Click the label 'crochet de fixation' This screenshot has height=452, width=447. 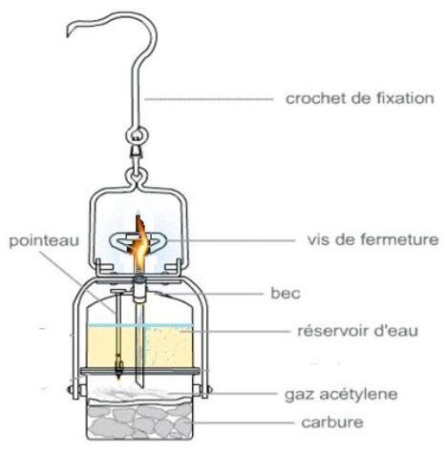360,98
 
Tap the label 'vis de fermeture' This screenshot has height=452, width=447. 372,239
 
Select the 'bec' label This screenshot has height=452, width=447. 286,293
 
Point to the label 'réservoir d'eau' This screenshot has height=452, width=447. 357,331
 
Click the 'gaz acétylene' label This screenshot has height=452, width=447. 341,394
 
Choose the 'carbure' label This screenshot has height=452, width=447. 332,422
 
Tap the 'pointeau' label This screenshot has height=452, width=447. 44,240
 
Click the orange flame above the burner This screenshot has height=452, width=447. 139,242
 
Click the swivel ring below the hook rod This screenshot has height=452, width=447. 136,136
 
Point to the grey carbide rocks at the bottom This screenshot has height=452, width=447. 139,419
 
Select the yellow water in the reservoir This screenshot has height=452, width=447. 139,347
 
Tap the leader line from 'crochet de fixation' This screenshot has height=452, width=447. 208,99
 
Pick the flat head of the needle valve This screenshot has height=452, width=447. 118,291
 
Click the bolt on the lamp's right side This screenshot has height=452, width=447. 208,389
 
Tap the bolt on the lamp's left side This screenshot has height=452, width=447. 70,389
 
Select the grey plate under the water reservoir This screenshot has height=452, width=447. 139,371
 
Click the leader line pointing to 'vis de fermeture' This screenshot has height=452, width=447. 230,240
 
